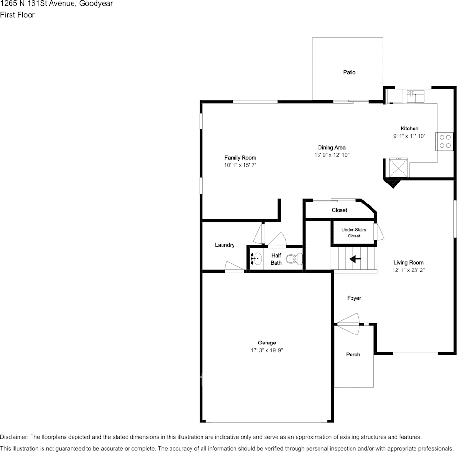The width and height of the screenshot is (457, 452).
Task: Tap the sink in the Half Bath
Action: point(256,258)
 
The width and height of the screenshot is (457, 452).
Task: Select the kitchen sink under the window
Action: point(415,97)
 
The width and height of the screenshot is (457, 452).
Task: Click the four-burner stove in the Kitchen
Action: point(445,141)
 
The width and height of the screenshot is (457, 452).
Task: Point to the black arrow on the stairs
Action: point(355,259)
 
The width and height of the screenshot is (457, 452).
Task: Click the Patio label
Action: point(349,72)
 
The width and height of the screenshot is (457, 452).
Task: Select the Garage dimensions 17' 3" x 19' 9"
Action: point(266,350)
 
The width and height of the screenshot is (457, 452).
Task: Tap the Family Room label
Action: point(240,158)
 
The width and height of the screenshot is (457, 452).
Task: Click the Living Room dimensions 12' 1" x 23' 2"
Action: point(408,270)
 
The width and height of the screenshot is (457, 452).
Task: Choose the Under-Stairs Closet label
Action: point(354,233)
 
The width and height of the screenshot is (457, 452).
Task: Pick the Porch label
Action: point(353,355)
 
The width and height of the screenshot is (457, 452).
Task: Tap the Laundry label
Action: point(224,245)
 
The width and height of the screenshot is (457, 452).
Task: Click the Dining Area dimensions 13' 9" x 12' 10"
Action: point(332,155)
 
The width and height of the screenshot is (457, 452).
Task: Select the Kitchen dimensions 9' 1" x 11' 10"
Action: point(409,136)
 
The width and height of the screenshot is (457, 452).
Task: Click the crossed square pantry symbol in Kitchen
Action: point(398,167)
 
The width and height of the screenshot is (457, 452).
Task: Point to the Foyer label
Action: point(354,298)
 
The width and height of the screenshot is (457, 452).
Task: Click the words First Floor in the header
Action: point(17,15)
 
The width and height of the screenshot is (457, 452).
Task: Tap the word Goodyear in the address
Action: point(95,4)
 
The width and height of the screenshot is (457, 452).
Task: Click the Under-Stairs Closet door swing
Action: point(380,232)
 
